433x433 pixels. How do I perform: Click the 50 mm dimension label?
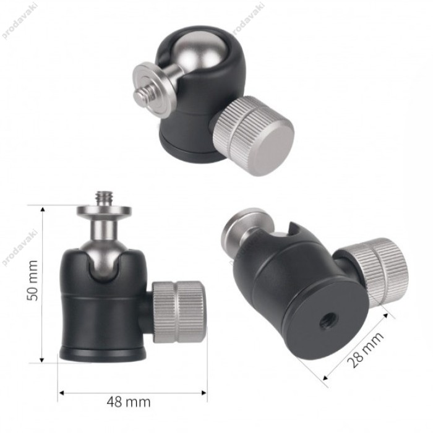pos(32,280)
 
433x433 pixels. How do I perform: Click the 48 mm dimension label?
pos(129,402)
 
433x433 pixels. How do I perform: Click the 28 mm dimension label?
pos(365,350)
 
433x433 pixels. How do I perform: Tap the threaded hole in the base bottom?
pos(327,322)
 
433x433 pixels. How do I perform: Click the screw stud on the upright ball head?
pos(104,197)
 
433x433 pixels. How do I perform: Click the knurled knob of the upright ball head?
pos(179,312)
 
